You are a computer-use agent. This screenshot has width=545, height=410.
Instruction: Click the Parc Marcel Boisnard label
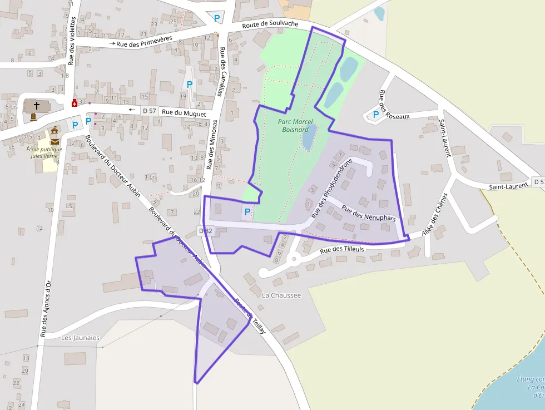click(295, 126)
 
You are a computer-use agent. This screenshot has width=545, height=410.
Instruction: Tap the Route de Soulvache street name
click(270, 25)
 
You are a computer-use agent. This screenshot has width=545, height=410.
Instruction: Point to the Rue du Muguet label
click(184, 113)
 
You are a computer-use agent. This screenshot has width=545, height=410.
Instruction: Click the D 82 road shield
click(206, 231)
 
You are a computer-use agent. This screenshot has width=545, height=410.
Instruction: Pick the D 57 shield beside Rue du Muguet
click(148, 111)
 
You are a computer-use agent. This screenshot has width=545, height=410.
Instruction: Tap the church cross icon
click(37, 105)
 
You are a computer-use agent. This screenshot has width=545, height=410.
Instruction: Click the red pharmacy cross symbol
click(75, 103)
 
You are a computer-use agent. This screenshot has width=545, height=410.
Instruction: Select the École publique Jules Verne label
click(44, 152)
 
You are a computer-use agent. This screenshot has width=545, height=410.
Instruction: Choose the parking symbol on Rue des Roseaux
click(376, 115)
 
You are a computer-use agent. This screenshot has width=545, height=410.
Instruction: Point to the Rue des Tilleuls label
click(342, 250)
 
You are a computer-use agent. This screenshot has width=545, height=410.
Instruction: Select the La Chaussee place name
click(281, 295)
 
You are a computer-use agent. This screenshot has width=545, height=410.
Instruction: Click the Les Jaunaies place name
click(80, 337)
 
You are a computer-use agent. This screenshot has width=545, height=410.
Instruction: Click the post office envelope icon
click(54, 141)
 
